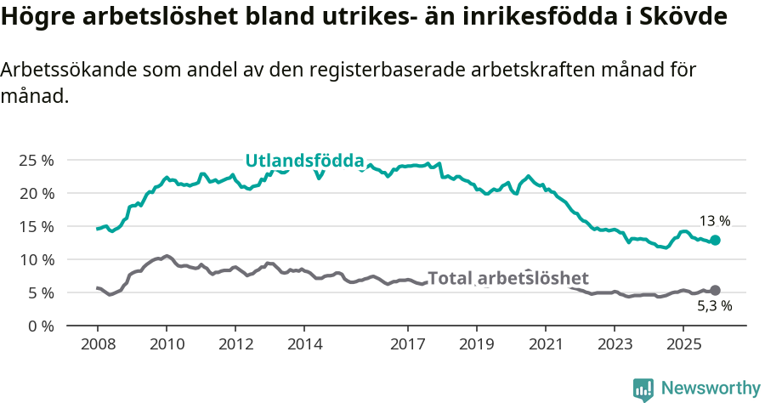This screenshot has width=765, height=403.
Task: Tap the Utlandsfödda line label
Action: click(x=304, y=160)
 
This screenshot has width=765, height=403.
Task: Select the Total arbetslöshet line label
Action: click(x=507, y=278)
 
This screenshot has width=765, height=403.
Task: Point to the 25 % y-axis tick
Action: click(x=36, y=160)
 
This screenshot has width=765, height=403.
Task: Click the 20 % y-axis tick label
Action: click(x=36, y=193)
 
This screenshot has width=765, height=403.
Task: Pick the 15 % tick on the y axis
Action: click(x=36, y=226)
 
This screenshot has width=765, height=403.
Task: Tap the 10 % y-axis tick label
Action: click(x=36, y=259)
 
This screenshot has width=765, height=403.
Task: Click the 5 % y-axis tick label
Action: click(x=39, y=292)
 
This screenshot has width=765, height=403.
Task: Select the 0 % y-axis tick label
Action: click(x=39, y=326)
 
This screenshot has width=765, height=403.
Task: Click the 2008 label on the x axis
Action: click(x=98, y=344)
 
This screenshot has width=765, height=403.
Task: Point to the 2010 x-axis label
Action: click(x=167, y=344)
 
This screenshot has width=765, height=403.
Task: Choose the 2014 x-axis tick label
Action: click(x=304, y=344)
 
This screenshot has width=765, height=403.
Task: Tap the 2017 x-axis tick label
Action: click(x=408, y=344)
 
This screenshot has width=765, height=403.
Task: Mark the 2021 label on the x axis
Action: click(x=546, y=344)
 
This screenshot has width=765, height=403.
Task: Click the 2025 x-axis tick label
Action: click(x=683, y=344)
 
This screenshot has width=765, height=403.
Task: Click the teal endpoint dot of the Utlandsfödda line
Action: click(x=715, y=241)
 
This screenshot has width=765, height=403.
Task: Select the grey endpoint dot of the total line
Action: click(x=715, y=291)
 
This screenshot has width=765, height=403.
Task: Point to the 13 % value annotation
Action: click(x=715, y=221)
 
